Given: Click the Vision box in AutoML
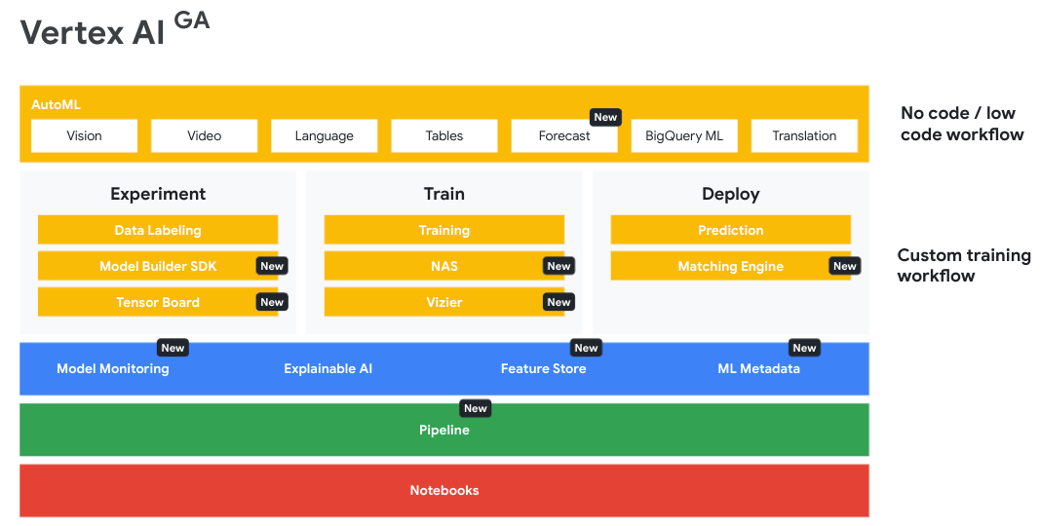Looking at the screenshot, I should (x=84, y=136).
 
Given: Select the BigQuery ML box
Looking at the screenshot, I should (x=684, y=136).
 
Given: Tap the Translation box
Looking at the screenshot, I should (x=804, y=136).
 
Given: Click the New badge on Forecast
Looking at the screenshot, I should (x=605, y=117).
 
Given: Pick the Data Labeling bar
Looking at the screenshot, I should (x=157, y=230).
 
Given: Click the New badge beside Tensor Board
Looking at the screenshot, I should (x=272, y=302).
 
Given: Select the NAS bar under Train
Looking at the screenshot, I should (x=443, y=266).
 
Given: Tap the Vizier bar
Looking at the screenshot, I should (x=443, y=302).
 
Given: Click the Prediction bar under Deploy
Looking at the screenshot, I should (x=730, y=230).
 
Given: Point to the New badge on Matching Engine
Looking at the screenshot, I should (x=845, y=266).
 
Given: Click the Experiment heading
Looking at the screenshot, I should (x=158, y=194).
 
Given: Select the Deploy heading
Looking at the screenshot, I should (x=730, y=194).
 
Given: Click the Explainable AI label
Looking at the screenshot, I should (x=328, y=369).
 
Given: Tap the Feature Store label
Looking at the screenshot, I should (x=543, y=369).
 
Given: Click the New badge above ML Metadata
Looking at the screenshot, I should (x=804, y=348).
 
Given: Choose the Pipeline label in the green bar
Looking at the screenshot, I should (x=444, y=430).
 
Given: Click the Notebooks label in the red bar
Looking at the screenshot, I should (x=444, y=490).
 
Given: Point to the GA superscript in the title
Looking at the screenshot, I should (x=192, y=20).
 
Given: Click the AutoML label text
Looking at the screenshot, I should (x=56, y=104).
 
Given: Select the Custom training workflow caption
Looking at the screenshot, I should (x=963, y=265).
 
